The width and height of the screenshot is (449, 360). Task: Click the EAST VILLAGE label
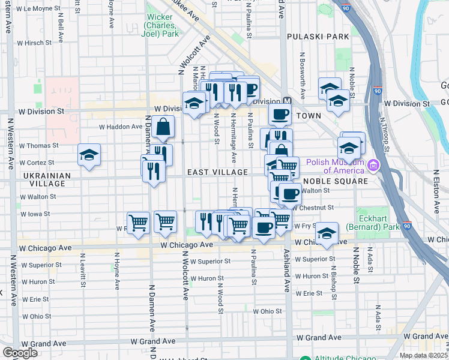click(217, 172)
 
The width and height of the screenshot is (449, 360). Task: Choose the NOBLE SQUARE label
click(335, 181)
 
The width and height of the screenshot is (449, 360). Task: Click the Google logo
click(20, 353)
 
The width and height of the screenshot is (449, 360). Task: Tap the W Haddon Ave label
click(120, 127)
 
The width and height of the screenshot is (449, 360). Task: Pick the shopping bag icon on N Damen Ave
click(163, 127)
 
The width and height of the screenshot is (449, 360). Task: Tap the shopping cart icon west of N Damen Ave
click(138, 223)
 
